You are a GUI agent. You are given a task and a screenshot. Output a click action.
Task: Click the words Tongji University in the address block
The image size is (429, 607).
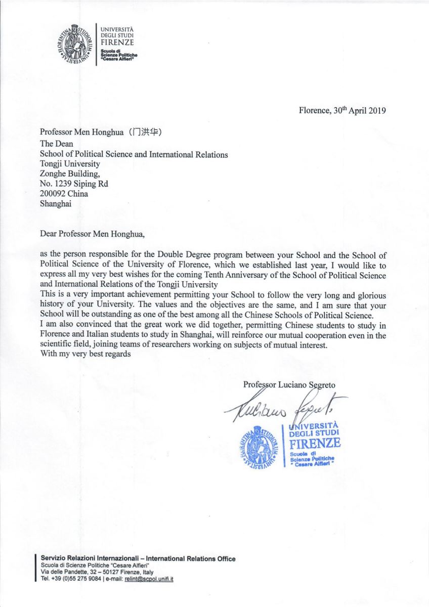70,164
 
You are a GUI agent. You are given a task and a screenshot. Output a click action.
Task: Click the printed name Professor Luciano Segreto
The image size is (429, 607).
289,384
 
